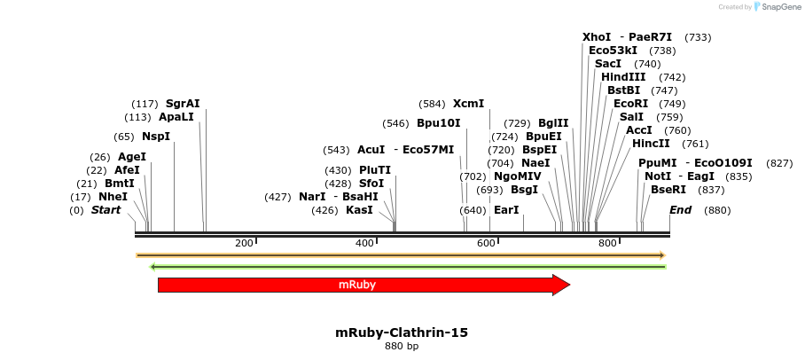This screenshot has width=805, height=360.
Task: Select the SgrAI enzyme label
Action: pyautogui.click(x=183, y=104)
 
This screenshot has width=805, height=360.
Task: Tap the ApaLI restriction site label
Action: pyautogui.click(x=176, y=117)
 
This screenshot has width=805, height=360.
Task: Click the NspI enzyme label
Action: pyautogui.click(x=155, y=137)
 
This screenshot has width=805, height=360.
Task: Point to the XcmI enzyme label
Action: pyautogui.click(x=468, y=104)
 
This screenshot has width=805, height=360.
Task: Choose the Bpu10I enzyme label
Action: pyautogui.click(x=438, y=123)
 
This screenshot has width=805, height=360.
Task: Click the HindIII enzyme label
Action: pyautogui.click(x=623, y=77)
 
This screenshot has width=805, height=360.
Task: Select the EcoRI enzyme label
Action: pyautogui.click(x=630, y=104)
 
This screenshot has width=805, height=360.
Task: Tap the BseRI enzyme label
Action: pyautogui.click(x=668, y=190)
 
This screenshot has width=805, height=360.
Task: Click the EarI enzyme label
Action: pyautogui.click(x=505, y=210)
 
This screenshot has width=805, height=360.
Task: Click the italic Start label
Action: pyautogui.click(x=106, y=210)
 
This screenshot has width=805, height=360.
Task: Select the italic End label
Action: pyautogui.click(x=680, y=210)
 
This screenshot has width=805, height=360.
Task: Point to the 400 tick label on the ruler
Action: pyautogui.click(x=364, y=243)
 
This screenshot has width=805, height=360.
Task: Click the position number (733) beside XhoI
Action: pyautogui.click(x=698, y=37)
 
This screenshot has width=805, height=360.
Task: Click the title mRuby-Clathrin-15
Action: pyautogui.click(x=401, y=333)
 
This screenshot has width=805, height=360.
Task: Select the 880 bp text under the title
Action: pyautogui.click(x=401, y=346)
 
